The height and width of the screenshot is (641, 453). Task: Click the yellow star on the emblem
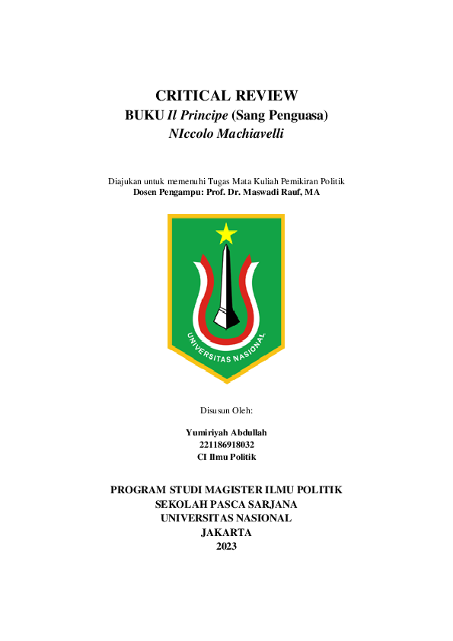click(226, 233)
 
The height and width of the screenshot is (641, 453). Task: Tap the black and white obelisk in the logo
click(225, 285)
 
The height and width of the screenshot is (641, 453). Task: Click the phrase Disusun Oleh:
click(226, 411)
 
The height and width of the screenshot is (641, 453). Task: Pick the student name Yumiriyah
click(206, 432)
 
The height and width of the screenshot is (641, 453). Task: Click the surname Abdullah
click(248, 432)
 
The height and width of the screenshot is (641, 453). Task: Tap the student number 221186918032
click(226, 445)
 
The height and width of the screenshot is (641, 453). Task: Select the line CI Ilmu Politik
click(226, 457)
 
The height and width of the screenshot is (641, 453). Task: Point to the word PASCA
click(226, 504)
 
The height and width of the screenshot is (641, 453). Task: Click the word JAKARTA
click(226, 532)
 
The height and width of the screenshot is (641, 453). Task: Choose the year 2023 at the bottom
click(226, 547)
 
